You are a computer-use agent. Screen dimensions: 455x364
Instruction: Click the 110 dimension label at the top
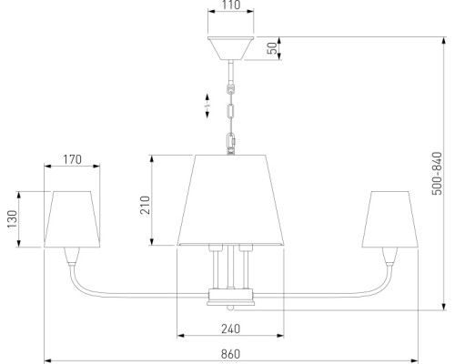tap(230, 5)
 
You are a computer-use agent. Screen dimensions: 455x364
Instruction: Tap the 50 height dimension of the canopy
tap(273, 48)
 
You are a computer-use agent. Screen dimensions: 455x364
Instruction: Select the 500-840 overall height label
tap(437, 174)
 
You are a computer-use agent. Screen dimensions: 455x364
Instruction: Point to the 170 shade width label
tap(72, 159)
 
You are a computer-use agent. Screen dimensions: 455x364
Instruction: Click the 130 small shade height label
tap(13, 219)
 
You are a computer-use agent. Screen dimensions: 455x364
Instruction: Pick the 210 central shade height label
tap(145, 206)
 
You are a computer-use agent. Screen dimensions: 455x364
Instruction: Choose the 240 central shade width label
tap(230, 329)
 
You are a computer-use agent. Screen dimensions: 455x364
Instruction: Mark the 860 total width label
tap(230, 354)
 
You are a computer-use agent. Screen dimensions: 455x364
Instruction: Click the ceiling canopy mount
tap(230, 48)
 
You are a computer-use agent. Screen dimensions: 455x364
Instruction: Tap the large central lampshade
tap(230, 200)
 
